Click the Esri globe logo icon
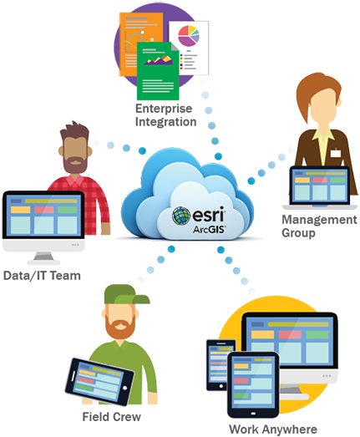point(181,216)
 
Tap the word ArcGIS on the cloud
point(210,230)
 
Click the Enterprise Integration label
point(165,115)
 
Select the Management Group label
point(319,226)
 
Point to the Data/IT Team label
point(42,276)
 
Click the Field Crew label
point(111,417)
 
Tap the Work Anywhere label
point(273,429)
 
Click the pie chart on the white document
point(189,36)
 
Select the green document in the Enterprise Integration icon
point(158,71)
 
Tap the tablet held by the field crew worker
point(99,382)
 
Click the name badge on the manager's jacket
point(336,153)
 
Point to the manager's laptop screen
point(320,185)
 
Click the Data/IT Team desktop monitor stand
point(43,258)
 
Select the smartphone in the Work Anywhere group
point(221,365)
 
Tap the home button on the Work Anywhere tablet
point(253,414)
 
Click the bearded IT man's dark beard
point(75,164)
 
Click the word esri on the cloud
point(209,215)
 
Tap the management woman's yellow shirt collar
point(323,135)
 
